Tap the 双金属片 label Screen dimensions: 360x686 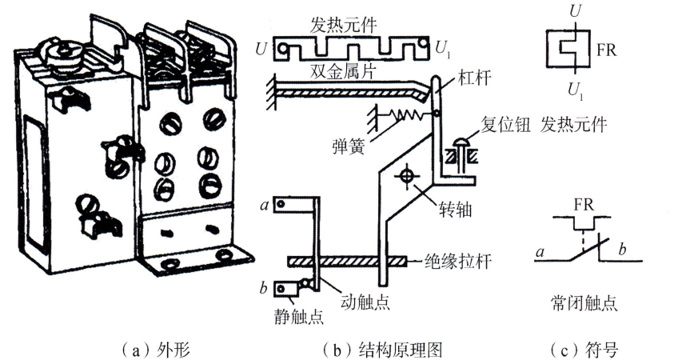[345, 73]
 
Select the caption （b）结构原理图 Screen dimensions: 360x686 [381, 350]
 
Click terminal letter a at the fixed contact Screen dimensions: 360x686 [265, 204]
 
